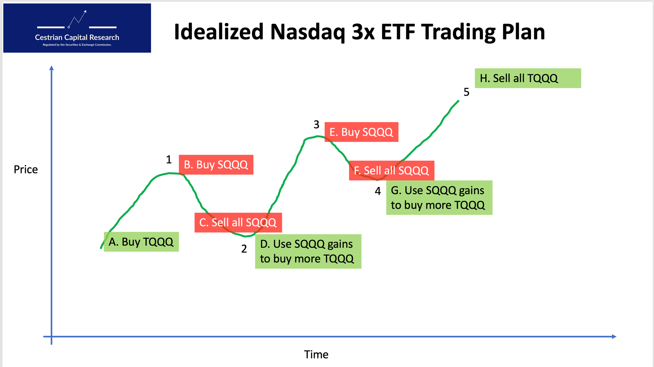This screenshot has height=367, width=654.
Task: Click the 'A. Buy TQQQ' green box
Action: pos(141,242)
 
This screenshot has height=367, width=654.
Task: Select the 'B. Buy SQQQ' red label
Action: pos(216,165)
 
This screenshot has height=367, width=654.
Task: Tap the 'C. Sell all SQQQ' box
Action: pos(238,222)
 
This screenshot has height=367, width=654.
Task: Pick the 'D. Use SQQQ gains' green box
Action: pos(308,251)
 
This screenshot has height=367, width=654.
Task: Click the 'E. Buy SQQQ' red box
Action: pos(361,132)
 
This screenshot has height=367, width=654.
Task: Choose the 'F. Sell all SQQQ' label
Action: pos(391,171)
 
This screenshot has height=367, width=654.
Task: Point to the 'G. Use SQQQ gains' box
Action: pos(439,198)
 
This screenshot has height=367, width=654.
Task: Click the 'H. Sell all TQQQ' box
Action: pos(528,78)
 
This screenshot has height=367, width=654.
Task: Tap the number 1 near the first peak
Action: pos(169,159)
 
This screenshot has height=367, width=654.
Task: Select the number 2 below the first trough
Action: pos(244,249)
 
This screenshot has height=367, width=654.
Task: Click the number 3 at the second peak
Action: pos(316,125)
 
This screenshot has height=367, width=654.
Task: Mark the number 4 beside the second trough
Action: pos(378,191)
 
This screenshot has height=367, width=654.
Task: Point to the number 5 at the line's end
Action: pos(466,92)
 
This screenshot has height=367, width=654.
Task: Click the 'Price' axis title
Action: pos(26,169)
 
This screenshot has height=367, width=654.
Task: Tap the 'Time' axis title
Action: pos(316,354)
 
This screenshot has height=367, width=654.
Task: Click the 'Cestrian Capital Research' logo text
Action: pos(77,37)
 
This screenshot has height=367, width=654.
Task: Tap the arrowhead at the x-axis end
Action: pos(614,336)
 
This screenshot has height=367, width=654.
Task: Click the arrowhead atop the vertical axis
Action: pos(52,68)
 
